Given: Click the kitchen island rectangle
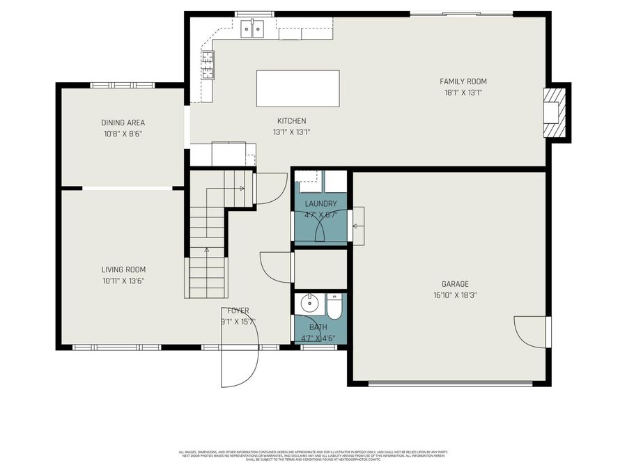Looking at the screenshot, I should (x=297, y=88).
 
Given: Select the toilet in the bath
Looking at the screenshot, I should (x=334, y=306).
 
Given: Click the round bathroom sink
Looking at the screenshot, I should (x=308, y=304).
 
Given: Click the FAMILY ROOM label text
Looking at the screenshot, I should (x=463, y=81).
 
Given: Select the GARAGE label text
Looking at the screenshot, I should (x=455, y=284).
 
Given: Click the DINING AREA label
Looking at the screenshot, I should (x=123, y=123).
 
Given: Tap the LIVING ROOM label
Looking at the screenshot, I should (x=123, y=270).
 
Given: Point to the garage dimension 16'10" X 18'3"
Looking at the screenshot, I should (x=455, y=295).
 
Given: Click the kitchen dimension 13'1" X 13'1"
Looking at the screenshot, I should (x=291, y=132).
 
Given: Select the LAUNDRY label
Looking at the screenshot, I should (x=320, y=204).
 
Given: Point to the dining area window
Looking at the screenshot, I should (x=123, y=85).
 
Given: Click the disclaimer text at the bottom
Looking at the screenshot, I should (x=313, y=455).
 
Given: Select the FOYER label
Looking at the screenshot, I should (x=238, y=311).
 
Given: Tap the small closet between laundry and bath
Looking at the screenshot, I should (x=320, y=269).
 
